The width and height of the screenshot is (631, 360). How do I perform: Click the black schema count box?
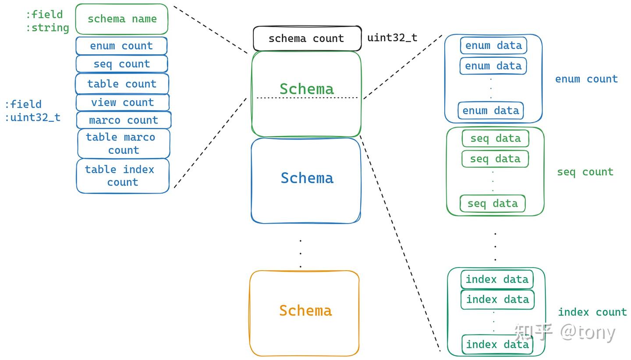pos(307,38)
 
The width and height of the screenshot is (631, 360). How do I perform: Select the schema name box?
pos(122,19)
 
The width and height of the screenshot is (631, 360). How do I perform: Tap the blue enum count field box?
pos(121,46)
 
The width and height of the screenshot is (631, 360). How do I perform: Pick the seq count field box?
pos(122,64)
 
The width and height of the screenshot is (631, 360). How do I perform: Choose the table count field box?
pos(122,84)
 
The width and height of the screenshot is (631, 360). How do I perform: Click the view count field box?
pos(123,102)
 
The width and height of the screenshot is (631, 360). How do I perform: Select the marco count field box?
pos(124,120)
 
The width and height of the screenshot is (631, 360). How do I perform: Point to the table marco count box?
pos(124,144)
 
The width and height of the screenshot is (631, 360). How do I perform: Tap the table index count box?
pos(123,176)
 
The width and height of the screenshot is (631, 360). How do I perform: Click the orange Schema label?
pos(306,311)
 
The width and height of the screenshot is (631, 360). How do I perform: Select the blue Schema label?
pos(307,178)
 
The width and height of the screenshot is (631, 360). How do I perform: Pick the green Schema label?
pos(307,89)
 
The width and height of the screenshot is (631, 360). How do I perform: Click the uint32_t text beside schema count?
pos(392,38)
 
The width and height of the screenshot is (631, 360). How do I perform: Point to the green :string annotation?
pos(47,28)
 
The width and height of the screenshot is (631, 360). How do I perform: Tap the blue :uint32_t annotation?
pos(33,117)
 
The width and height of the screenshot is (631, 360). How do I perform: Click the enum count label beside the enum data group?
pos(586,79)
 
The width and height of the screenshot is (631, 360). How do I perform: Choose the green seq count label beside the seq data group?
pos(585,172)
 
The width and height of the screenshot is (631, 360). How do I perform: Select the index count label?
pos(592,312)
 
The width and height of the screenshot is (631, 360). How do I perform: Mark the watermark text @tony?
pos(588,333)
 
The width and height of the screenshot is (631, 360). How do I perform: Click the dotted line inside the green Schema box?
pos(307,98)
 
